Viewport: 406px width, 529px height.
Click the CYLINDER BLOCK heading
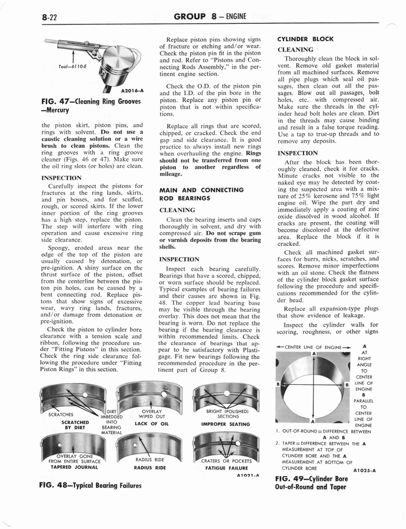coord(305,39)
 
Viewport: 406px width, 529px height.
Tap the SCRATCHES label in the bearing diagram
coord(60,414)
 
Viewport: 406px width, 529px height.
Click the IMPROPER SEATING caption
coord(225,424)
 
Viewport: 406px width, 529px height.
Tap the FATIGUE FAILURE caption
coord(226,467)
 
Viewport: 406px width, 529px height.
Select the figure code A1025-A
coord(365,470)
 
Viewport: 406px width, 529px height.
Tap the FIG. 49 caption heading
coord(312,483)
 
